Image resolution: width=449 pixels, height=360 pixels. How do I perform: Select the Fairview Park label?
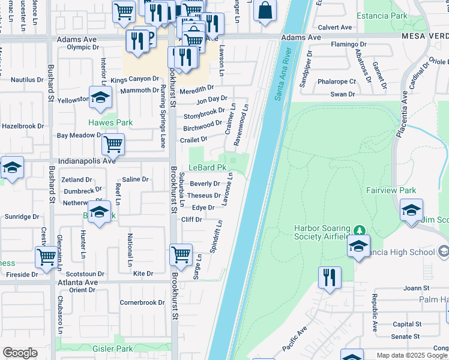pyautogui.click(x=391, y=190)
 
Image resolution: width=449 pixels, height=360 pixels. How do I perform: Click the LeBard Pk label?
pyautogui.click(x=207, y=168)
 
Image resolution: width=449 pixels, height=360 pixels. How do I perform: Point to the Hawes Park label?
pyautogui.click(x=110, y=122)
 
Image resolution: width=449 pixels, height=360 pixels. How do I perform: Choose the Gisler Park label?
pyautogui.click(x=113, y=348)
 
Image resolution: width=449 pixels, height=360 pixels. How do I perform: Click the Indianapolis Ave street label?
pyautogui.click(x=86, y=161)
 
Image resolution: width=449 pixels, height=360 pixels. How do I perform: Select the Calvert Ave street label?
pyautogui.click(x=334, y=27)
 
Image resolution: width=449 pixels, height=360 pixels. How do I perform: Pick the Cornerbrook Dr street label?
pyautogui.click(x=142, y=302)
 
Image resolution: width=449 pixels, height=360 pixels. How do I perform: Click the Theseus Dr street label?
pyautogui.click(x=203, y=195)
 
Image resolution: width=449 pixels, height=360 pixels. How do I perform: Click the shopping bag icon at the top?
pyautogui.click(x=265, y=10)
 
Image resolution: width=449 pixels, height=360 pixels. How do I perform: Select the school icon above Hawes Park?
pyautogui.click(x=100, y=97)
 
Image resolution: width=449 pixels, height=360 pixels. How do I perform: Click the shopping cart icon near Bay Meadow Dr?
pyautogui.click(x=113, y=144)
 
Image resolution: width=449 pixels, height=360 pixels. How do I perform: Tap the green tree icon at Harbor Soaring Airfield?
pyautogui.click(x=359, y=230)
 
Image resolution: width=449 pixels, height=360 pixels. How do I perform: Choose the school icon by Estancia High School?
pyautogui.click(x=358, y=247)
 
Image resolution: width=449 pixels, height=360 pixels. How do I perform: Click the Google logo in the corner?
pyautogui.click(x=20, y=353)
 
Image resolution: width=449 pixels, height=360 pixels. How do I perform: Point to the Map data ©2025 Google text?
pyautogui.click(x=411, y=355)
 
